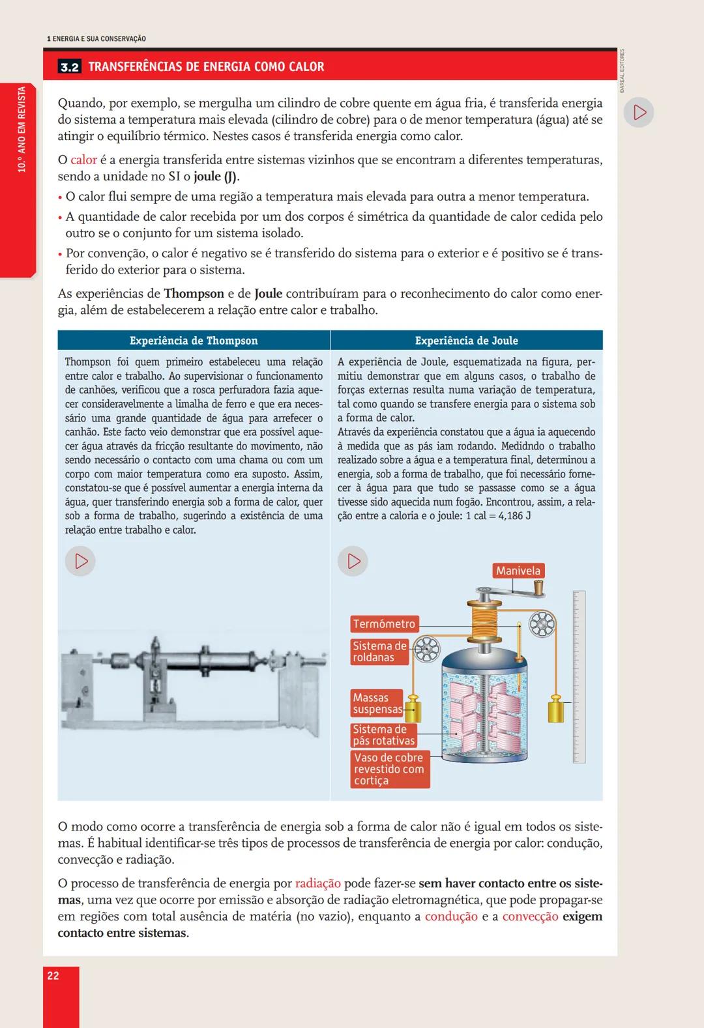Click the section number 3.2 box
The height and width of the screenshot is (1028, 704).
(x=70, y=67)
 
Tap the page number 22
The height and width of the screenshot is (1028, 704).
(x=53, y=975)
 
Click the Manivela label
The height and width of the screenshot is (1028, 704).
(x=518, y=571)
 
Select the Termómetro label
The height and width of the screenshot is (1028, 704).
(x=383, y=623)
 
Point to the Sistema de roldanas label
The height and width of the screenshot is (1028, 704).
(x=379, y=651)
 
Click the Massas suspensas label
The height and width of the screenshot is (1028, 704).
(x=377, y=703)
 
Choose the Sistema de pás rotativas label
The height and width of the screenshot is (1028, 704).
(x=383, y=735)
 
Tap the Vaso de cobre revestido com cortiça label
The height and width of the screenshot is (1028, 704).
(x=389, y=769)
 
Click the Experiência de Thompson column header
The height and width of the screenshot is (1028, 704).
(x=194, y=341)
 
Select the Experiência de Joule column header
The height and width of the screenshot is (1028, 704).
(x=466, y=341)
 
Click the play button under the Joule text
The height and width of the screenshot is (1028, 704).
(x=353, y=561)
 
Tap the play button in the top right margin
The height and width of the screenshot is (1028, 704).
(x=639, y=113)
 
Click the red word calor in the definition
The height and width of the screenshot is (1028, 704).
(x=83, y=160)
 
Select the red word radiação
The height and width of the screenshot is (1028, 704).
(x=317, y=883)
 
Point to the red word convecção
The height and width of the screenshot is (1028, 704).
(x=530, y=917)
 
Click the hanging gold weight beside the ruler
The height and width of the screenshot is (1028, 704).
(x=555, y=709)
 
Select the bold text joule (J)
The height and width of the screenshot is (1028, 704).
(x=216, y=177)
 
